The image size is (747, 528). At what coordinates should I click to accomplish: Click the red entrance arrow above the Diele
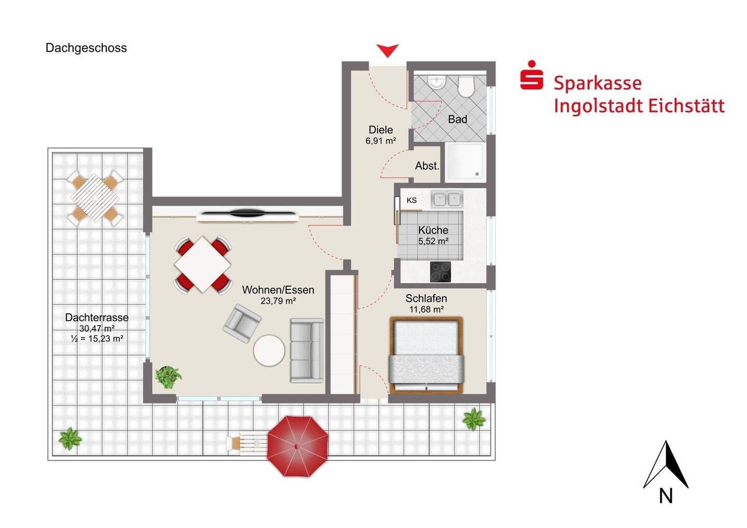click(x=388, y=50)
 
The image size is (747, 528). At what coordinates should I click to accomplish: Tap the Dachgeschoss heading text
click(x=86, y=48)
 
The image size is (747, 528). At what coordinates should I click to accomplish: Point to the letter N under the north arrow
click(x=666, y=496)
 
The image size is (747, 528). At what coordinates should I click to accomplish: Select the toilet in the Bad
click(x=466, y=86)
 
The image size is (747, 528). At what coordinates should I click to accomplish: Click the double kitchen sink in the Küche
click(x=447, y=199)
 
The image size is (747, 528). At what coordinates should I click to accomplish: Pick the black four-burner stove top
click(x=440, y=272)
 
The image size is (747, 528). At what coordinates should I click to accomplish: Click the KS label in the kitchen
click(x=411, y=200)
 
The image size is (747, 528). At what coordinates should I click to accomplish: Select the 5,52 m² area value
click(x=433, y=241)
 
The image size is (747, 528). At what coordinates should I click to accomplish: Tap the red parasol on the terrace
click(x=297, y=446)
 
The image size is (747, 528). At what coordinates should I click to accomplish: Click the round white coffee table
click(x=269, y=351)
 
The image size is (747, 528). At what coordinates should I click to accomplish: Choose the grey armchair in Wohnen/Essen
click(x=242, y=323)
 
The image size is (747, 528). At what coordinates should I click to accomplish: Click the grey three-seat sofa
click(x=307, y=350)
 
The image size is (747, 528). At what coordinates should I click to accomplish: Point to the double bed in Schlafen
click(x=426, y=355)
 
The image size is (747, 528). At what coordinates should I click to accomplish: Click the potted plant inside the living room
click(x=168, y=377)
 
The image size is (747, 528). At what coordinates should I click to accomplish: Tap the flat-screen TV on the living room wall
click(x=249, y=213)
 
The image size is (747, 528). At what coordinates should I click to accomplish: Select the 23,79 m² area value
click(x=278, y=301)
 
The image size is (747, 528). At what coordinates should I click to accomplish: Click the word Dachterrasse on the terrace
click(x=96, y=317)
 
